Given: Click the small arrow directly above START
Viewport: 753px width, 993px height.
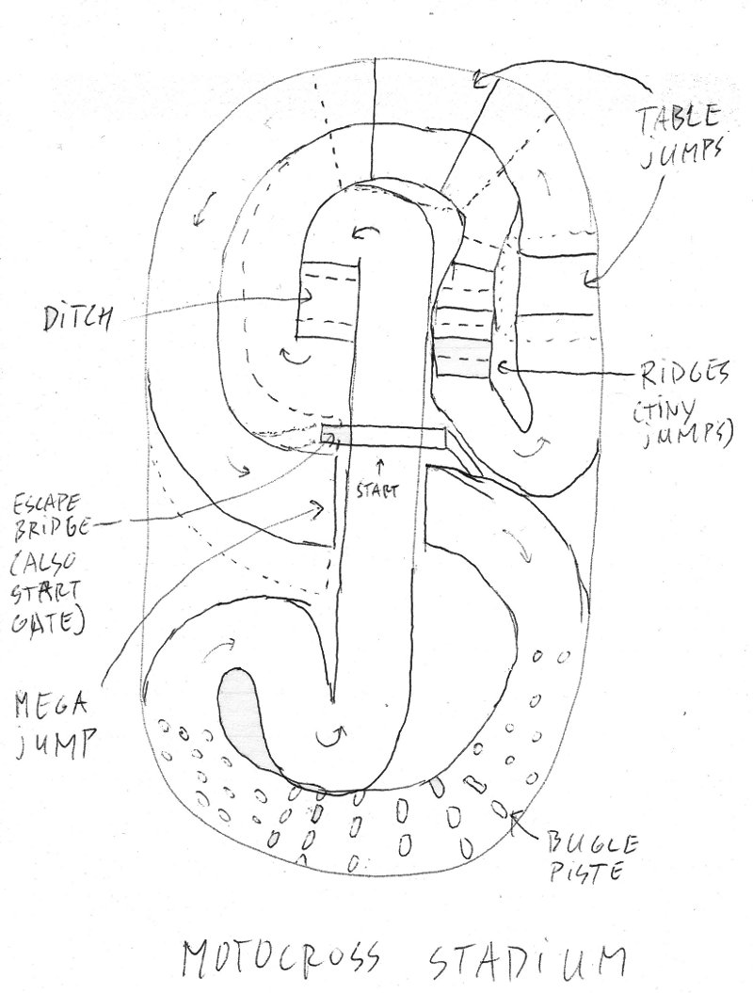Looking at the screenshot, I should pos(380,464).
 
